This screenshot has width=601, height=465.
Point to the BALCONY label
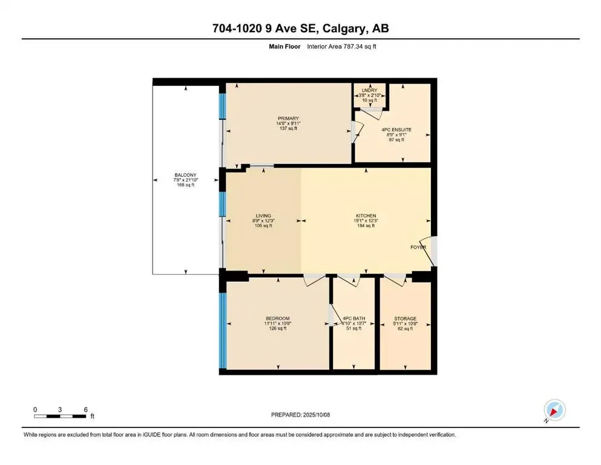pyautogui.click(x=185, y=176)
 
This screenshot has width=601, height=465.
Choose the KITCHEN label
pyautogui.click(x=366, y=216)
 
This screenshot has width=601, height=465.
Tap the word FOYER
pyautogui.click(x=418, y=247)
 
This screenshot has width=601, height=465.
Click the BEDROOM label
pyautogui.click(x=278, y=318)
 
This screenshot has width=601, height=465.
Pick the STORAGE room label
pyautogui.click(x=405, y=318)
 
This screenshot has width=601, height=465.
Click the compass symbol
pyautogui.click(x=554, y=411)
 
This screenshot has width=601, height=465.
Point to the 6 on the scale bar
pyautogui.click(x=85, y=409)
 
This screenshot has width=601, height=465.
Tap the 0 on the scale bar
pyautogui.click(x=35, y=409)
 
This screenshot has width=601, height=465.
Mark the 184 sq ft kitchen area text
pyautogui.click(x=366, y=226)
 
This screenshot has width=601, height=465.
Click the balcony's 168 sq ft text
pyautogui.click(x=185, y=186)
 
